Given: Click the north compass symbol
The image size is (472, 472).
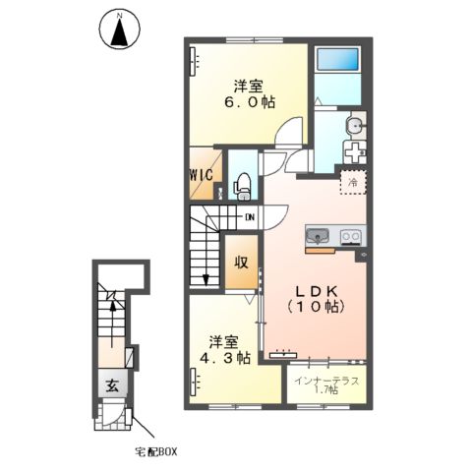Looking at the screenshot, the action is pos(120,29).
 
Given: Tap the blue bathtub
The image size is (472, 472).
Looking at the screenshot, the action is pos(337,59).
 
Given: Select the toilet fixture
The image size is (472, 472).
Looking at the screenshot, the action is pos(242,187).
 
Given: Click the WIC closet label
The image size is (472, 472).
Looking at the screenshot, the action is pos(202,175).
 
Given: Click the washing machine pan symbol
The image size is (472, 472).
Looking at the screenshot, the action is pos(355,152).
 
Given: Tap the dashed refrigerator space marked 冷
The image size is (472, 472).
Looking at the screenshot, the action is pos(353,182).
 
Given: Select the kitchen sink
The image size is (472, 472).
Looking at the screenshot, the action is pos(318,236).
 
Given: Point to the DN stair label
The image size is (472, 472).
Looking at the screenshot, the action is pos(250,217).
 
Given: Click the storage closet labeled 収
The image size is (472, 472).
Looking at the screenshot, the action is pos(242,262).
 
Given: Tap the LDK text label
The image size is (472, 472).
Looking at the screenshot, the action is pos(317,291).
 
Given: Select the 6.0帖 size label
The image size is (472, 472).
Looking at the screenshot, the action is pos(250,102).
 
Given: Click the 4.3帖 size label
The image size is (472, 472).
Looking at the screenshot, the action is pos(225,358).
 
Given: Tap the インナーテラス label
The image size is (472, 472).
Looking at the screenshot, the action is pos(326,382).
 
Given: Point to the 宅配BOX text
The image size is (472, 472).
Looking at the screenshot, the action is pos(156,452).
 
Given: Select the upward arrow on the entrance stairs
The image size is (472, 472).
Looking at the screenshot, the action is pos(113,324).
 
